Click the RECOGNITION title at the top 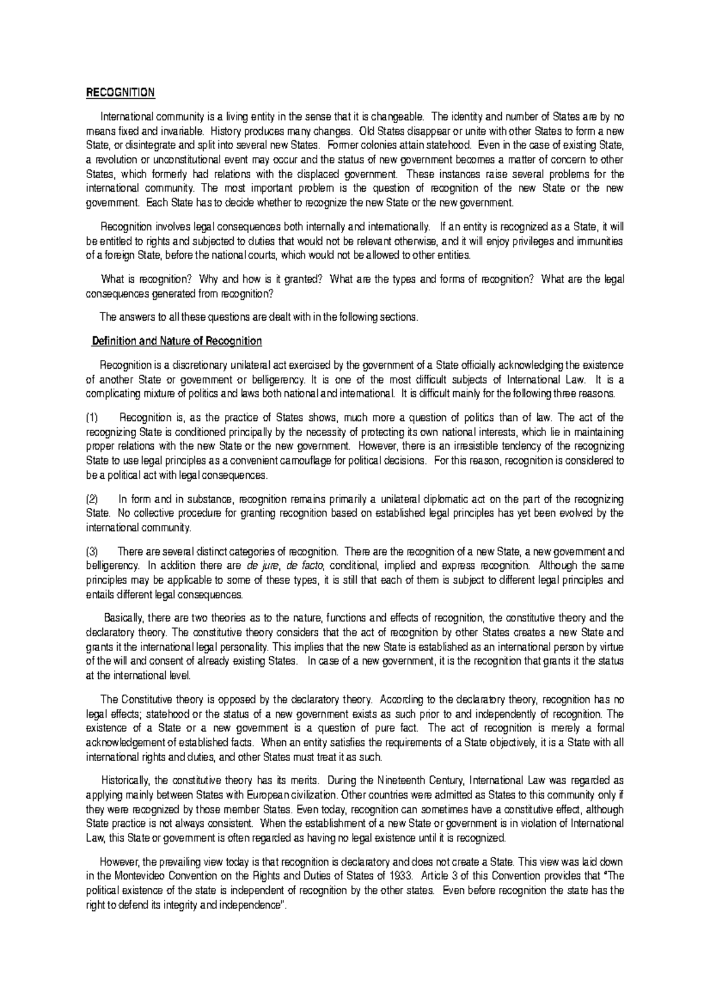click(120, 93)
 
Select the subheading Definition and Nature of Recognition click(176, 342)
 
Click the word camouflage click(319, 460)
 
